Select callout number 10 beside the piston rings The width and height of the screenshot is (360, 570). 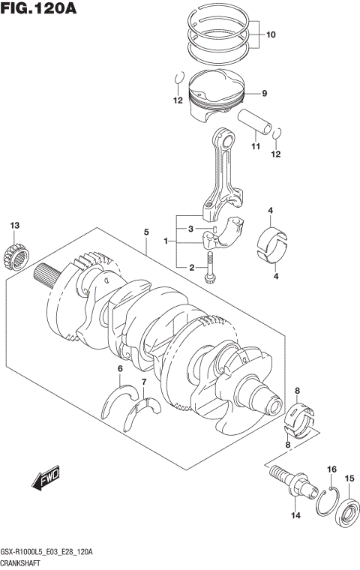tap(271, 34)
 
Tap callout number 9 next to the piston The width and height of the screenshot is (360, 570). tap(264, 94)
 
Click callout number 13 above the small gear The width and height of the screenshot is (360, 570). tap(13, 226)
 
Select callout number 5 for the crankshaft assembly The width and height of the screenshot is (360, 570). tap(147, 233)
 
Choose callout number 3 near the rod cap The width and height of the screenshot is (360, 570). tap(191, 229)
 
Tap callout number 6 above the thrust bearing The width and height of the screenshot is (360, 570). tap(119, 368)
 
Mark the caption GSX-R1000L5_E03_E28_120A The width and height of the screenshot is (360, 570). tap(48, 552)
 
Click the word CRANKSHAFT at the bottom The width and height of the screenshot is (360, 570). tap(24, 563)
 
